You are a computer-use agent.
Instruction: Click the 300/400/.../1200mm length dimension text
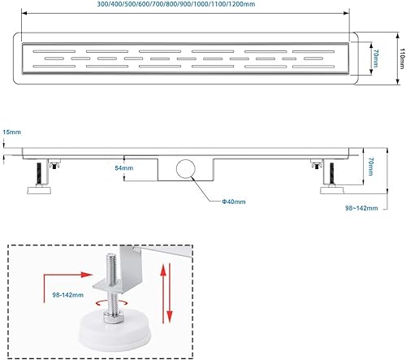(x=176, y=4)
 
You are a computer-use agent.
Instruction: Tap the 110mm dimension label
(x=402, y=59)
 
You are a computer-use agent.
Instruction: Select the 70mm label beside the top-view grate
(x=376, y=59)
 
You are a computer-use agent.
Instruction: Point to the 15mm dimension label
(x=11, y=132)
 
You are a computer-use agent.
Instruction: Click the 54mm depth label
(x=124, y=168)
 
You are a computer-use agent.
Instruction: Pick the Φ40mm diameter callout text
(x=234, y=202)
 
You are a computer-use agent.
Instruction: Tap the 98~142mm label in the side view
(x=361, y=208)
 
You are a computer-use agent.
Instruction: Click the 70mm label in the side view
(x=371, y=167)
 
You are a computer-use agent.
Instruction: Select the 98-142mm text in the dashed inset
(x=68, y=295)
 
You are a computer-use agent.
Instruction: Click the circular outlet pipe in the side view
(x=186, y=168)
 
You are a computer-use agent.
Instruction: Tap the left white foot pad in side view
(x=39, y=189)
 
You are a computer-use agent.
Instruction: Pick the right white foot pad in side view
(x=332, y=189)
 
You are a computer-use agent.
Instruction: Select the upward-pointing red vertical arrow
(x=163, y=293)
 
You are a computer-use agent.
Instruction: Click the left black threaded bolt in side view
(x=39, y=174)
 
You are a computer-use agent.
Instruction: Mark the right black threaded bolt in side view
(x=331, y=174)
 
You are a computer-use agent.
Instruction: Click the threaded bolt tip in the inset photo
(x=111, y=255)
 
